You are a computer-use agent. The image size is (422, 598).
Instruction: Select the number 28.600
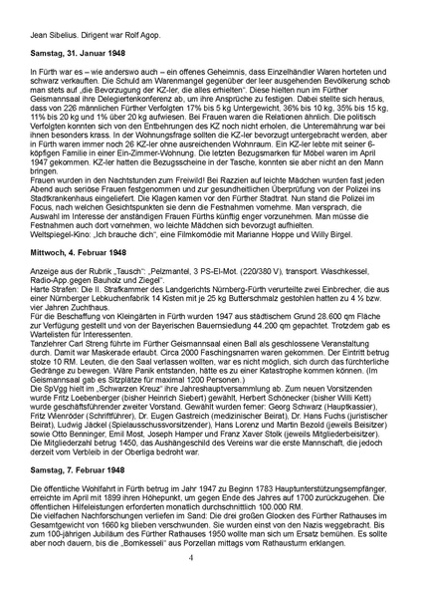pos(296,344)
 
